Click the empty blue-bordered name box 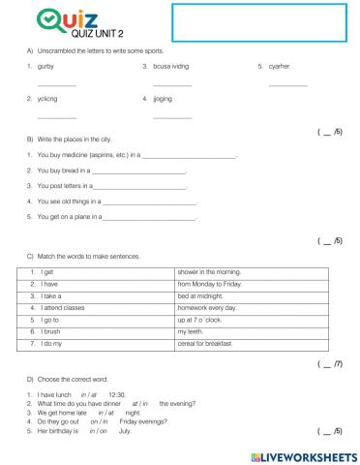pos(256,22)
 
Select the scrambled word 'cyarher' pos(280,66)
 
